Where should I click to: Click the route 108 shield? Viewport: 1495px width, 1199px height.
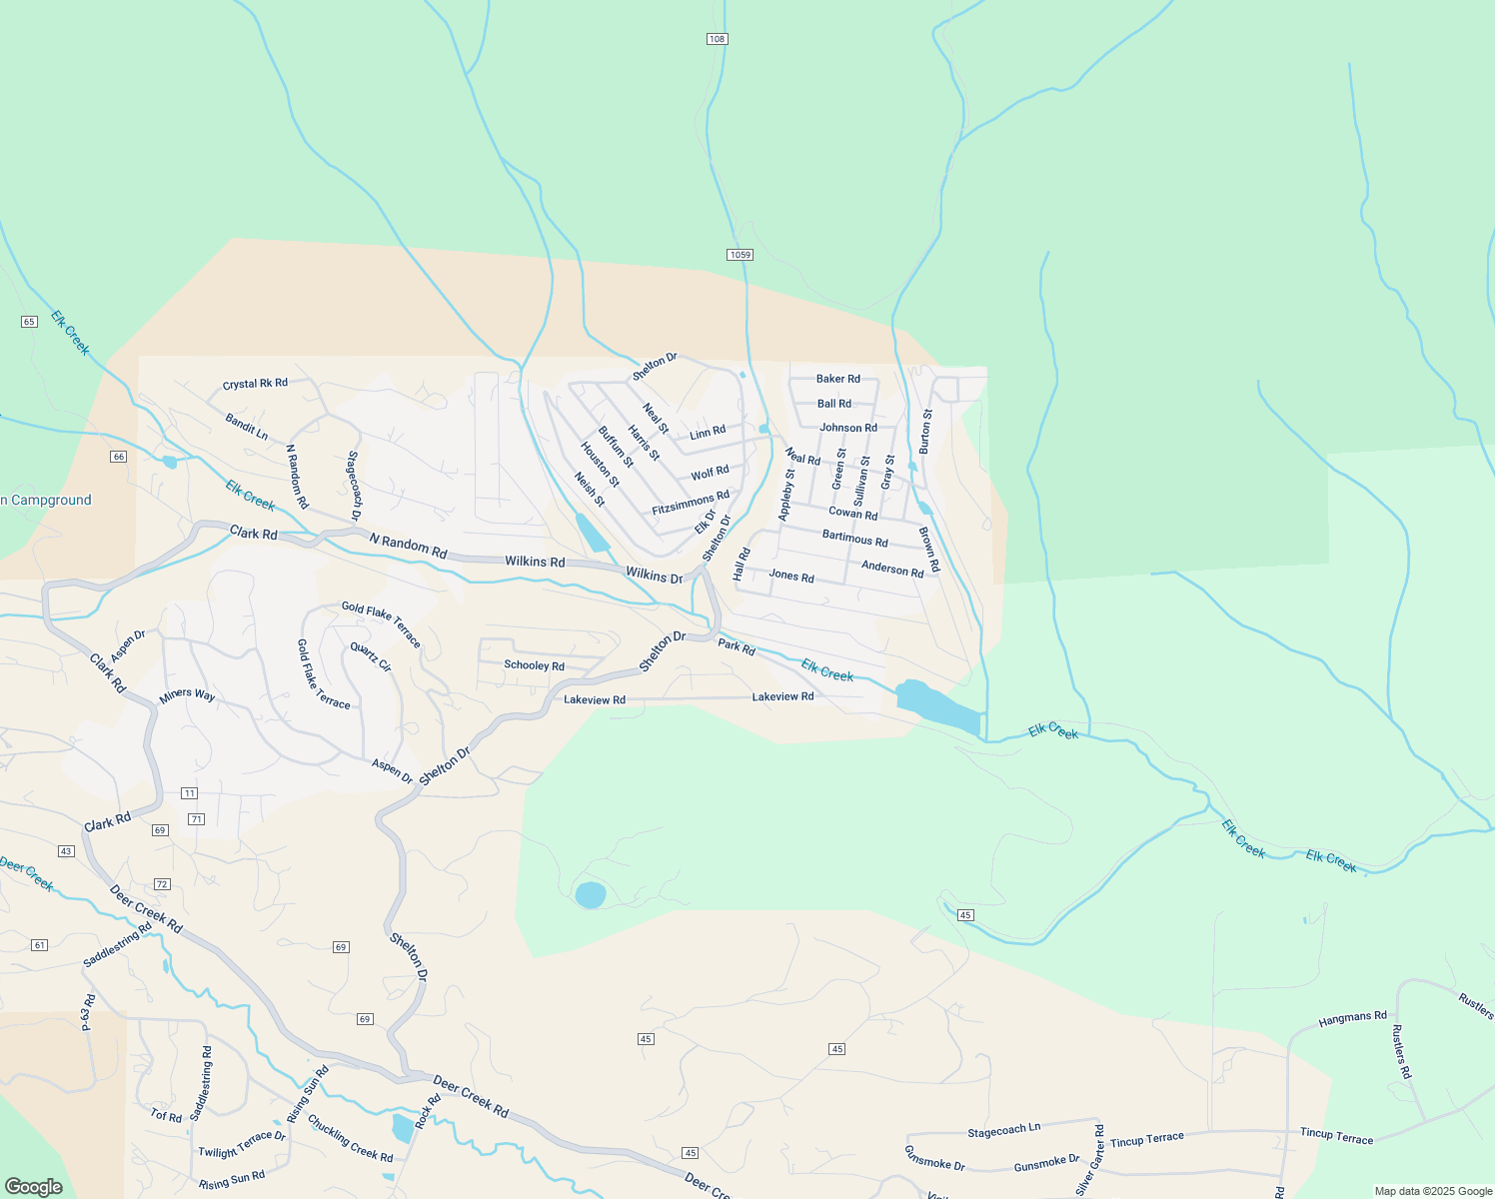click(717, 39)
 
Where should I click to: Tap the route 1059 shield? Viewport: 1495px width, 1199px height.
click(740, 255)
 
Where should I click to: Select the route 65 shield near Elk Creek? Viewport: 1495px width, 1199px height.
click(29, 322)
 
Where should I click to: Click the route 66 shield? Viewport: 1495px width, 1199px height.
click(119, 457)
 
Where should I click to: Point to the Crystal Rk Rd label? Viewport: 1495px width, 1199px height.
click(255, 384)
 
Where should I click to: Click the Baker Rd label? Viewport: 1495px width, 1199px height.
click(837, 379)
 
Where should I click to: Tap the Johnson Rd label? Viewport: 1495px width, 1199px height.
click(848, 428)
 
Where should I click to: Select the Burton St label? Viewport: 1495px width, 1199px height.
click(926, 432)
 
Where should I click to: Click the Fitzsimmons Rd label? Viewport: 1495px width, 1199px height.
click(691, 503)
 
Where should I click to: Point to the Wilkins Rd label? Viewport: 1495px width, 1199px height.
click(535, 562)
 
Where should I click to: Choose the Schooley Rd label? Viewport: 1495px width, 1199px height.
click(534, 665)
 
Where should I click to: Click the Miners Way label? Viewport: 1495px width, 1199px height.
click(187, 695)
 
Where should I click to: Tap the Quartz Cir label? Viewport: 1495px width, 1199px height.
click(371, 656)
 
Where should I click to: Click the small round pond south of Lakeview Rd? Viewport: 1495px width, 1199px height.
click(591, 894)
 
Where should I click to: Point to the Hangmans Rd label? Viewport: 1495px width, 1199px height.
click(1352, 1018)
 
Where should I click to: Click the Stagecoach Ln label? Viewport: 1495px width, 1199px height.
click(1003, 1130)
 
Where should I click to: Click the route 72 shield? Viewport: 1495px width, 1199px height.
click(162, 884)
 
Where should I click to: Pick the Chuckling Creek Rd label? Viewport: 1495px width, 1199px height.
click(350, 1138)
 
